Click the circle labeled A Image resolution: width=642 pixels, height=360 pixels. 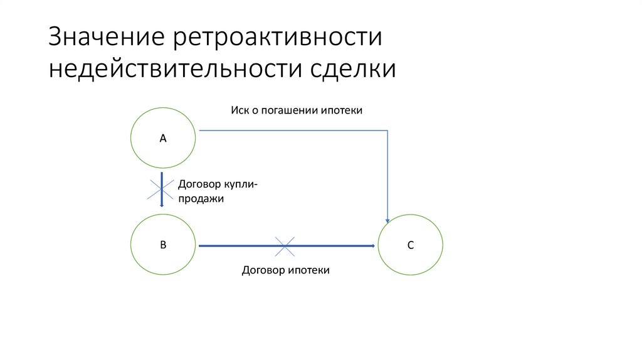(x=162, y=139)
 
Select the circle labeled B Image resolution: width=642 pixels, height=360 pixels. (x=162, y=245)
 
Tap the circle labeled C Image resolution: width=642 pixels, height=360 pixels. (x=411, y=245)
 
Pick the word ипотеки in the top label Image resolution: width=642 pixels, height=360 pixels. (x=342, y=110)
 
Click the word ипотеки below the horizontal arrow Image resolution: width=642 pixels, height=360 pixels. (x=308, y=270)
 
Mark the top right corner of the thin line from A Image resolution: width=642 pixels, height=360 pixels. (x=389, y=131)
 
